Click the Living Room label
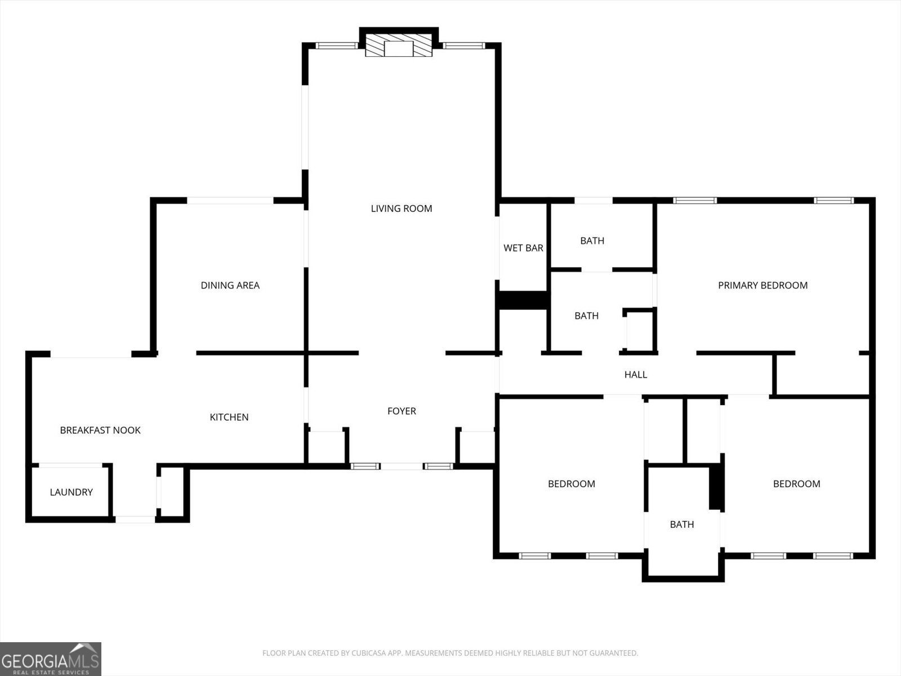402,208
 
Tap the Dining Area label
230,285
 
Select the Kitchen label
229,417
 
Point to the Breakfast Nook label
100,430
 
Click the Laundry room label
72,492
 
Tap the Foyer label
402,411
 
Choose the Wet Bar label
523,248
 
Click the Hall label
636,374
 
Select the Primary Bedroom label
762,285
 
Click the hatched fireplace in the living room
399,45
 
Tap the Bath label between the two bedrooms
682,524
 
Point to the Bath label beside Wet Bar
592,241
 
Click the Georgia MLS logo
51,659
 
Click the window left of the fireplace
336,46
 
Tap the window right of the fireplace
464,46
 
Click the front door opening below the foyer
402,466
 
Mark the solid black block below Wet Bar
523,300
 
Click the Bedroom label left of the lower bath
572,484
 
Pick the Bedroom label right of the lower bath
797,484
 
